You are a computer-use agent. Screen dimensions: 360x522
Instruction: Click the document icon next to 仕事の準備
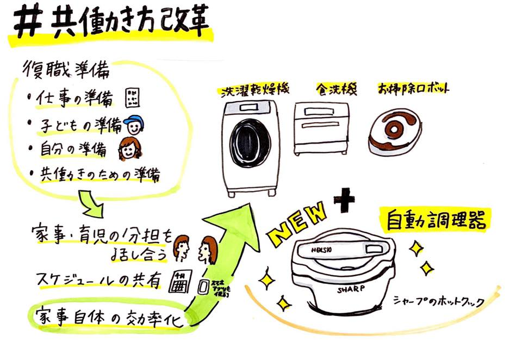[x=132, y=98]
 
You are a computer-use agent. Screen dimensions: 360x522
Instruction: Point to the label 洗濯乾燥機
[x=252, y=90]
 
